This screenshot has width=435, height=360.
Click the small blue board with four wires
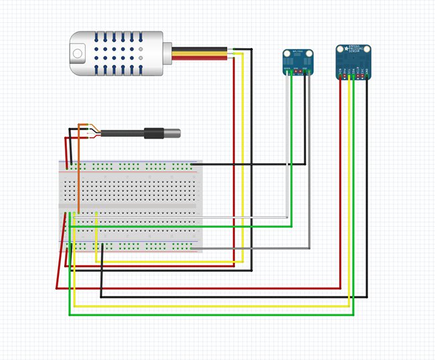[297, 62]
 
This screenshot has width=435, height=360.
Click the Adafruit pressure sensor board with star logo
[353, 62]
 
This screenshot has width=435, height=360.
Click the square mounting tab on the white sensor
[78, 52]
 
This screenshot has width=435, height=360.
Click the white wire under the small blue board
[287, 147]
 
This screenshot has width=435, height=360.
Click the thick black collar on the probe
[153, 134]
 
